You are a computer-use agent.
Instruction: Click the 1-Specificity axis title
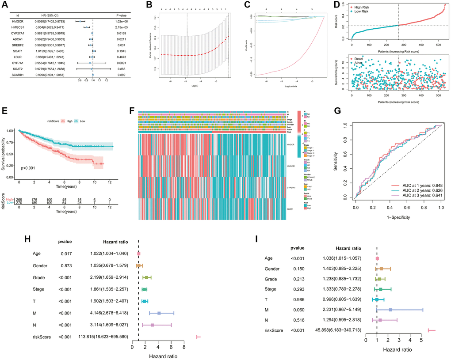397,218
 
